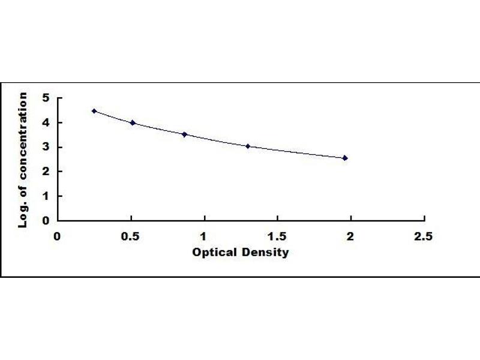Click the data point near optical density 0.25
tap(94, 111)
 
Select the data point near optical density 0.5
tap(133, 122)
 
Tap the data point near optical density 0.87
tap(185, 134)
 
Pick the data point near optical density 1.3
tap(248, 146)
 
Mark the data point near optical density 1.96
tap(345, 158)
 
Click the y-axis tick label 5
tap(46, 98)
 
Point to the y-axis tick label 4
tap(46, 122)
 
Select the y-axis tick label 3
tap(46, 147)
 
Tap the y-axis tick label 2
tap(46, 172)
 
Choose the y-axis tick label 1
tap(46, 196)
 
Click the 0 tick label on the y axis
tap(46, 220)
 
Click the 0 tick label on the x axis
tap(58, 236)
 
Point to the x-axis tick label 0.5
tap(130, 236)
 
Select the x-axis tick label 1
tap(204, 236)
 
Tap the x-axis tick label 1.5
tap(277, 236)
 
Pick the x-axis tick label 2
tap(350, 236)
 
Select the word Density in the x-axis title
tap(265, 253)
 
